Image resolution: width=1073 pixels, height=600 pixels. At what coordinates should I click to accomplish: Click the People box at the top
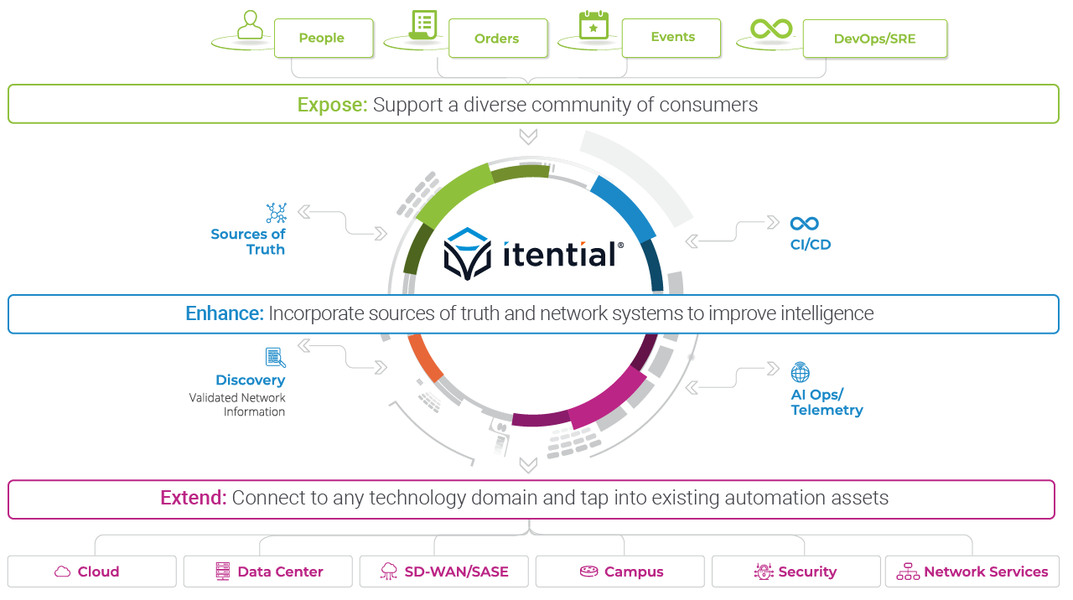click(x=323, y=39)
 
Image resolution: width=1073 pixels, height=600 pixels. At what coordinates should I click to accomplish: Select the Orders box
click(x=497, y=39)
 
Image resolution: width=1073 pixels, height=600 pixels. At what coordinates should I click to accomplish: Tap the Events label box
click(x=671, y=38)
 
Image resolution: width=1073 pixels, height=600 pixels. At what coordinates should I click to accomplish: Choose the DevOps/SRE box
click(x=874, y=39)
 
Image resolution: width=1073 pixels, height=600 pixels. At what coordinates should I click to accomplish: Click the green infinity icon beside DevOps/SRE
click(x=771, y=29)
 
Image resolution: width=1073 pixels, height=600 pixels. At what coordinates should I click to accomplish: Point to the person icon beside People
click(x=249, y=26)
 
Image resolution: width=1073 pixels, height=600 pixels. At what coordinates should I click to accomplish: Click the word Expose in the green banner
click(x=332, y=105)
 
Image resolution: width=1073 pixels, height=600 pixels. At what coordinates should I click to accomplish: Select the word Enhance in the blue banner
click(x=224, y=313)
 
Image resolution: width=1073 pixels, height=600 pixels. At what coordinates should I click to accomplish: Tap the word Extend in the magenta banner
click(x=193, y=498)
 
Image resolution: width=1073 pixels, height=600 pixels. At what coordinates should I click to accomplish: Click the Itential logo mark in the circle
click(x=468, y=253)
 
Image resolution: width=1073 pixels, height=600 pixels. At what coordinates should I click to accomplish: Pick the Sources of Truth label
click(x=248, y=241)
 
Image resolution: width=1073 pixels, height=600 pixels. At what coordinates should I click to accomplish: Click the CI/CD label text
click(x=810, y=245)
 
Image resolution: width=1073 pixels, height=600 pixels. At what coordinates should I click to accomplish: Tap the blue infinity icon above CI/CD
click(x=804, y=224)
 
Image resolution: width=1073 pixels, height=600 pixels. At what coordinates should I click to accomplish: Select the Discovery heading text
click(x=250, y=380)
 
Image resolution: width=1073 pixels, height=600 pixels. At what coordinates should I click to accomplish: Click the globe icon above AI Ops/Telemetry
click(x=801, y=371)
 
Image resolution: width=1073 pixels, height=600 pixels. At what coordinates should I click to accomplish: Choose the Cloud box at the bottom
click(x=92, y=572)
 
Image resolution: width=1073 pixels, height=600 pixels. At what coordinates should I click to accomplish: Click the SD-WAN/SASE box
click(x=443, y=572)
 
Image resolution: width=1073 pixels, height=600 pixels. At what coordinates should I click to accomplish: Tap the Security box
click(x=796, y=572)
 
